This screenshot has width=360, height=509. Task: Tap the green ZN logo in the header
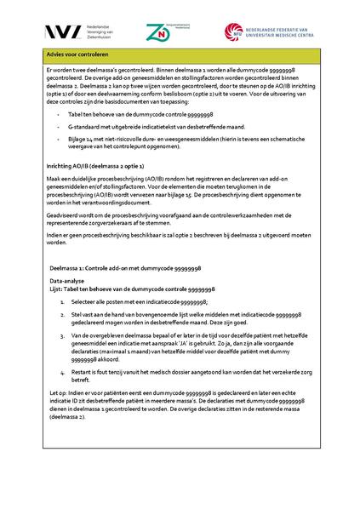point(157,31)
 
